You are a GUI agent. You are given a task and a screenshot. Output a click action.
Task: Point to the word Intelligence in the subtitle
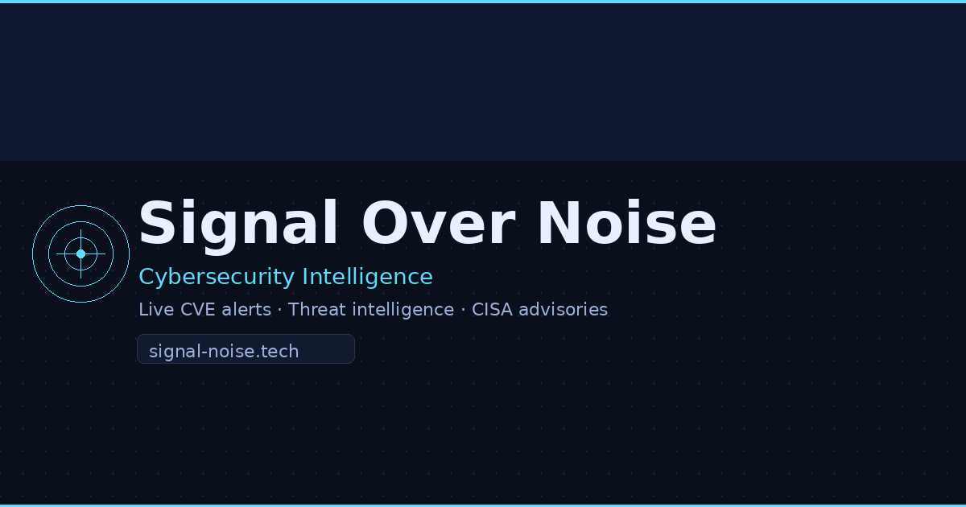pyautogui.click(x=367, y=277)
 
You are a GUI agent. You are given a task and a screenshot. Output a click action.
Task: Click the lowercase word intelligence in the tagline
pyautogui.click(x=403, y=310)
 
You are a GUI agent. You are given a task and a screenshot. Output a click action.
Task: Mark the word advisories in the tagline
pyautogui.click(x=563, y=310)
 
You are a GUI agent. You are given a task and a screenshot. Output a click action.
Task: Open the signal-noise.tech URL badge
pyautogui.click(x=246, y=349)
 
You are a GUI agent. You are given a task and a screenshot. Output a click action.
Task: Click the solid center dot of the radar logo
pyautogui.click(x=80, y=253)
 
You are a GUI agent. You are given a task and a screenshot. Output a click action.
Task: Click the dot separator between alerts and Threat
pyautogui.click(x=279, y=310)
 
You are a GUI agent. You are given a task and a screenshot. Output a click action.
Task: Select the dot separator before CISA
pyautogui.click(x=463, y=310)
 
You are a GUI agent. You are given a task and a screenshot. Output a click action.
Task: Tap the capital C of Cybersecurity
pyautogui.click(x=147, y=277)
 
